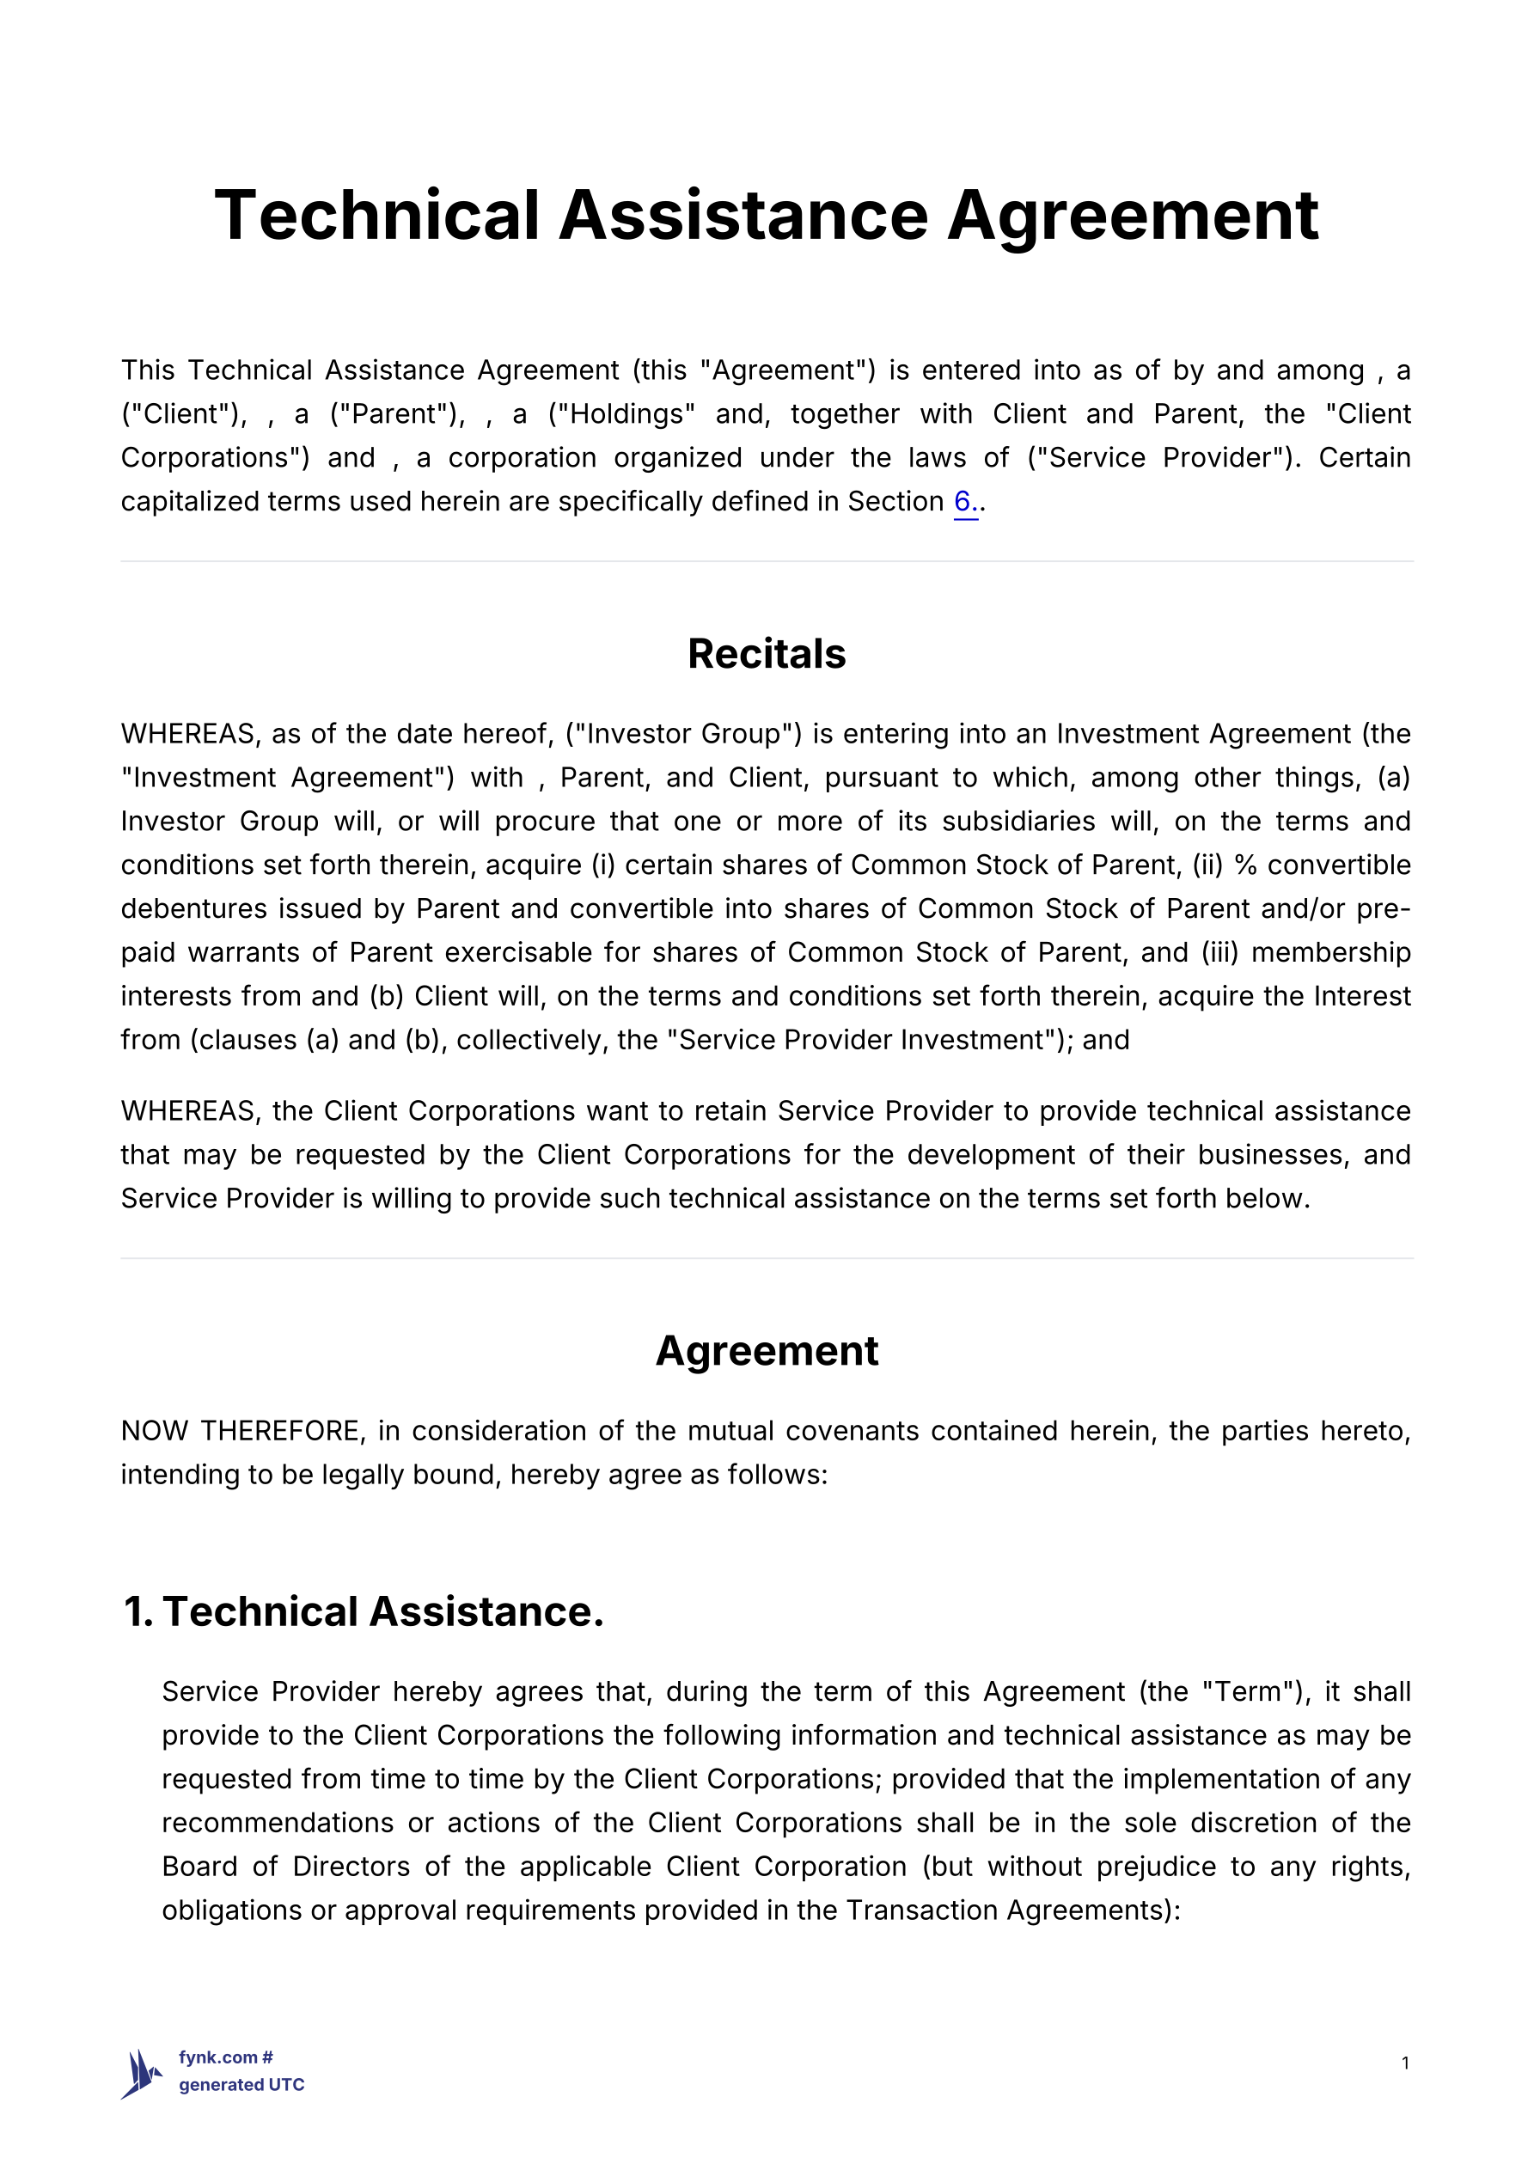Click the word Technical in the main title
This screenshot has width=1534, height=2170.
[x=376, y=216]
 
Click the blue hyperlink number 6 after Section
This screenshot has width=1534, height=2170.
[x=963, y=501]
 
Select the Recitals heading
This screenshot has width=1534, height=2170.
[x=767, y=654]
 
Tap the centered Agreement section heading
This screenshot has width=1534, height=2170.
[x=767, y=1351]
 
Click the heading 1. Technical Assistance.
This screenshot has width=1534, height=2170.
[x=364, y=1611]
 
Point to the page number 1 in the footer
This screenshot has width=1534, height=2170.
[x=1404, y=2063]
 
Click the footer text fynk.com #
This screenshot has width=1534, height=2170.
[x=226, y=2057]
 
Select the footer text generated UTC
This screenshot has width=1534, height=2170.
[x=241, y=2085]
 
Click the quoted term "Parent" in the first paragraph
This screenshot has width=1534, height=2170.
[x=397, y=414]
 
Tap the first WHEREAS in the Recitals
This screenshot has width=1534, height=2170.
[x=189, y=733]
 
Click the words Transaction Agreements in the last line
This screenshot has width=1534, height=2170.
[x=1004, y=1910]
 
